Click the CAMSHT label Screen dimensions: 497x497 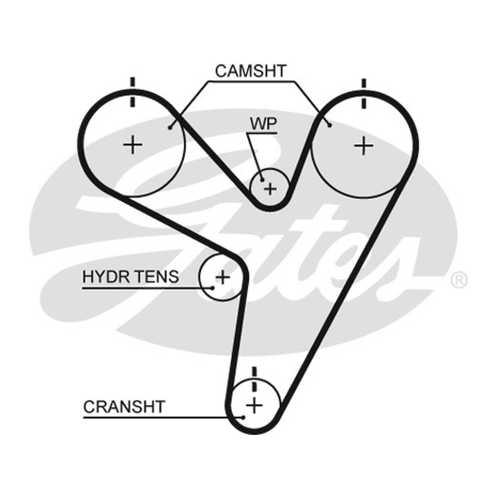pos(251,71)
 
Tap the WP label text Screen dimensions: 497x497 pos(263,124)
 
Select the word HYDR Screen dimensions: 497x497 pos(104,276)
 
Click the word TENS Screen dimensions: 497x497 pos(155,276)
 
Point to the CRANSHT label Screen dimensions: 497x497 pos(124,407)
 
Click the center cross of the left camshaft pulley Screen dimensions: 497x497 pos(133,146)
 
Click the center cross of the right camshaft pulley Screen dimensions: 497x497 pos(363,146)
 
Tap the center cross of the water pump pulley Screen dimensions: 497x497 pos(270,189)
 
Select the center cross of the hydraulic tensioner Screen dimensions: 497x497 pos(222,277)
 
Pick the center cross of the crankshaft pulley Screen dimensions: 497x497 pos(255,405)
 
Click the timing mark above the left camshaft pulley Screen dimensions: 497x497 pos(132,92)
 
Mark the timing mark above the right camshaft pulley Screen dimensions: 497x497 pos(364,94)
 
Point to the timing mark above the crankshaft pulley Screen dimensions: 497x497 pos(254,380)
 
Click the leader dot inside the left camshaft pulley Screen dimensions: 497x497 pos(170,128)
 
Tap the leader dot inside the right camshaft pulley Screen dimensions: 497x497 pos(330,126)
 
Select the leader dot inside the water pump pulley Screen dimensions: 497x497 pos(262,180)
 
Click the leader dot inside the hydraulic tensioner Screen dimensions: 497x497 pos(212,288)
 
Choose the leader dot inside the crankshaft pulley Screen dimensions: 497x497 pos(243,417)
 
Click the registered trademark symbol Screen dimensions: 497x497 pos(459,280)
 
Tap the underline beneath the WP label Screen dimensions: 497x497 pos(263,134)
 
